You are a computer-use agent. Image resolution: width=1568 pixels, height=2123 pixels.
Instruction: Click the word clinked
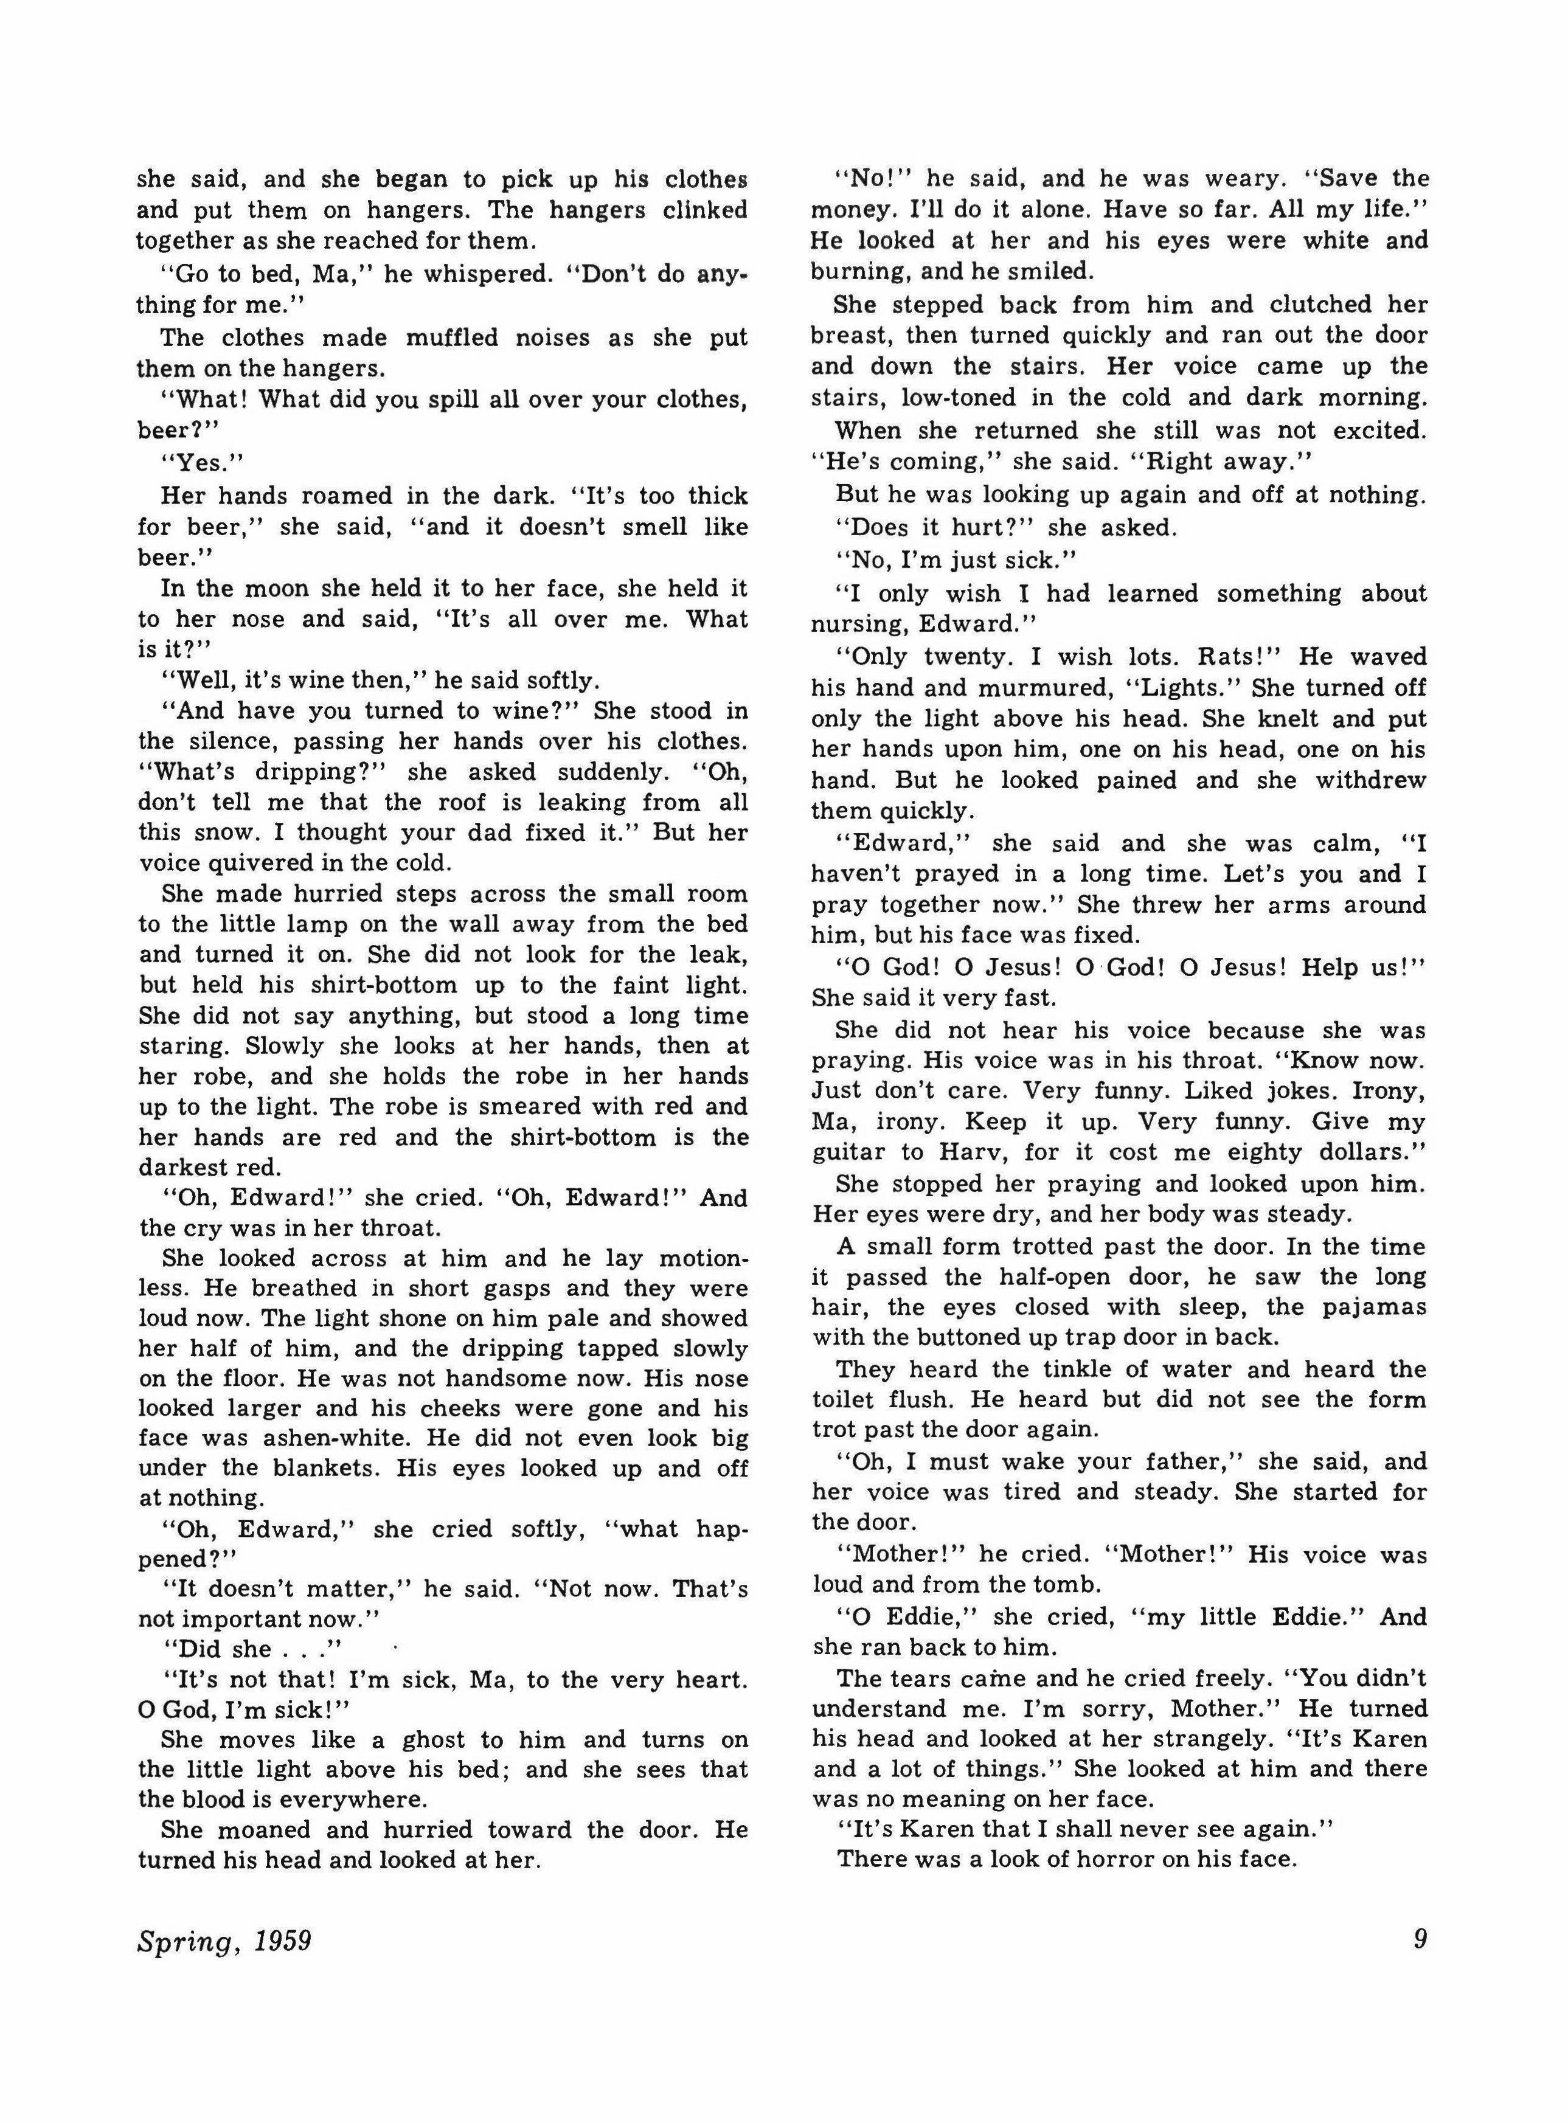(x=704, y=210)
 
